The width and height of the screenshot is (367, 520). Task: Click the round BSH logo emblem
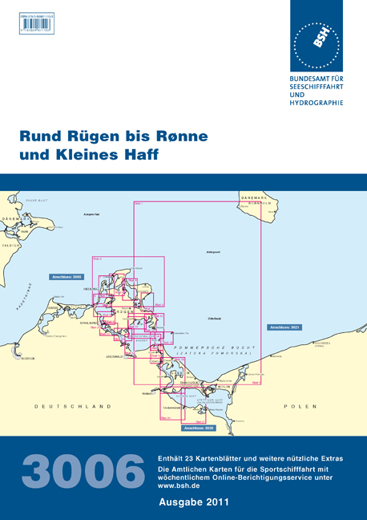click(x=317, y=43)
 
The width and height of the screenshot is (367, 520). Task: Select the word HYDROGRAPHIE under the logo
click(x=316, y=103)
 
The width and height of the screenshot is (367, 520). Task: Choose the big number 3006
click(x=79, y=472)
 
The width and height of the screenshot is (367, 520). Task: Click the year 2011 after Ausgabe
click(x=217, y=503)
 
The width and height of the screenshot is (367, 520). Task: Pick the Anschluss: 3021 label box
click(x=284, y=327)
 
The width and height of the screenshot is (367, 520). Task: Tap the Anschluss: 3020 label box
click(x=199, y=429)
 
